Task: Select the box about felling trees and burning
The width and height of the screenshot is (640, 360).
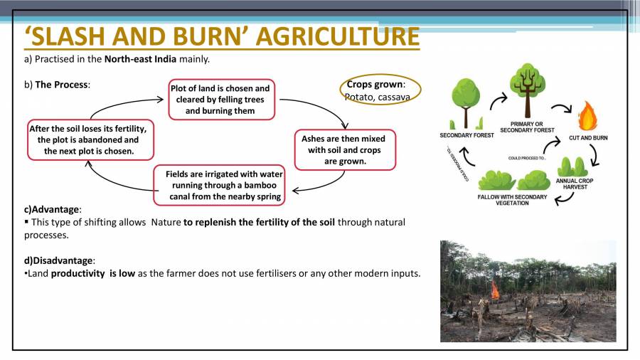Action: coord(220,99)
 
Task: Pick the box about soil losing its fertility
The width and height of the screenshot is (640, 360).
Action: coord(88,139)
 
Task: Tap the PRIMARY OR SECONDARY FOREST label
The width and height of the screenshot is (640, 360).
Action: coord(527,127)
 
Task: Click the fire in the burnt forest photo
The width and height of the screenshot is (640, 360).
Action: coord(494,289)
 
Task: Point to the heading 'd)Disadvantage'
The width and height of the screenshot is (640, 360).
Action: coord(60,260)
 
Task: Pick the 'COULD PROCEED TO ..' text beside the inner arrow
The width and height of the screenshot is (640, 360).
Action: coord(527,159)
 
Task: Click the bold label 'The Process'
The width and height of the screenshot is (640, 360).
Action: coord(62,85)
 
